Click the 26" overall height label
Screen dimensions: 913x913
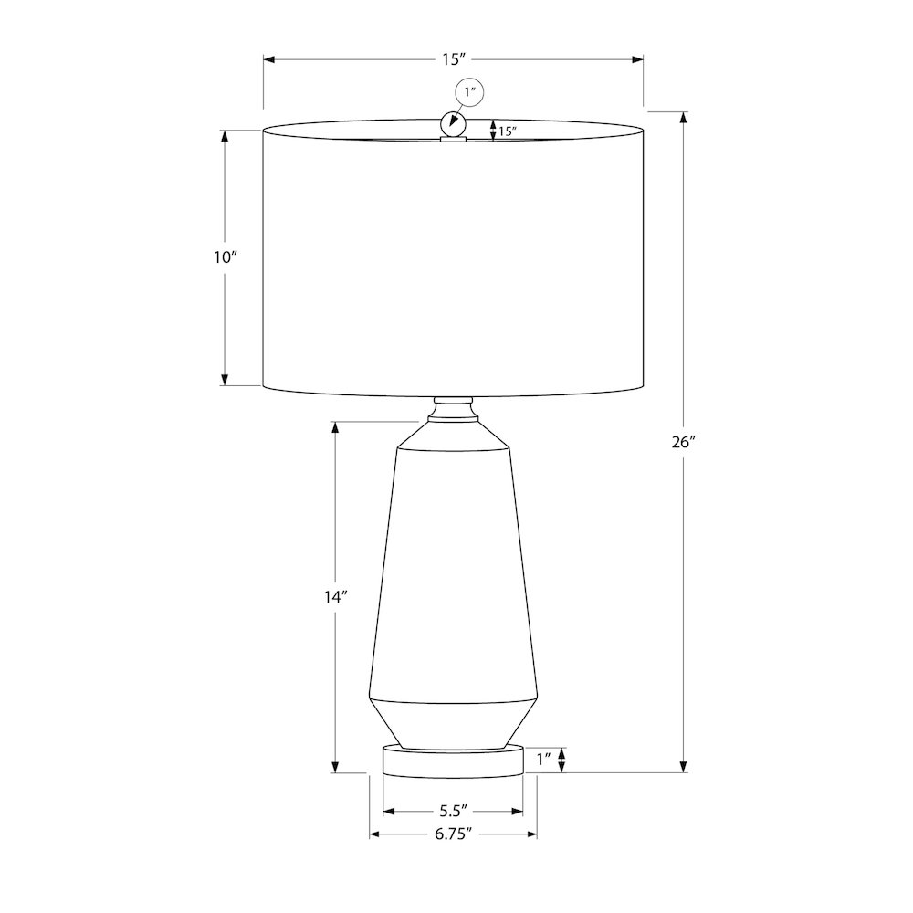click(684, 443)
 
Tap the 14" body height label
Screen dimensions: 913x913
click(336, 597)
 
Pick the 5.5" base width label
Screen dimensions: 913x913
click(454, 811)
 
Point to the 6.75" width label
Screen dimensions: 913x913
click(453, 834)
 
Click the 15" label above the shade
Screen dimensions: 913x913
click(454, 59)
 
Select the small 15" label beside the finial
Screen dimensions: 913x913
click(508, 131)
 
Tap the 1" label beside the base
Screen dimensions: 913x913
click(544, 760)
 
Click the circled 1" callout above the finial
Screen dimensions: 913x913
click(469, 92)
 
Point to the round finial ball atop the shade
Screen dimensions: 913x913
click(453, 123)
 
